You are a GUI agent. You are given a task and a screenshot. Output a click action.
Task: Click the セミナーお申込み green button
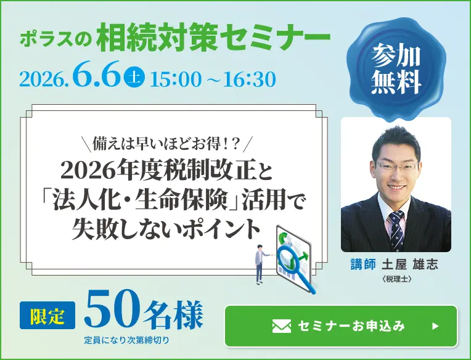click(341, 326)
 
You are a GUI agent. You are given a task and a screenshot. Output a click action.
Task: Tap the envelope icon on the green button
click(281, 326)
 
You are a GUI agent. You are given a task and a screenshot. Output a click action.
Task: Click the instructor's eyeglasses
click(396, 166)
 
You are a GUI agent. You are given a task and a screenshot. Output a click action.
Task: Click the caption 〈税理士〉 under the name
click(396, 278)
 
